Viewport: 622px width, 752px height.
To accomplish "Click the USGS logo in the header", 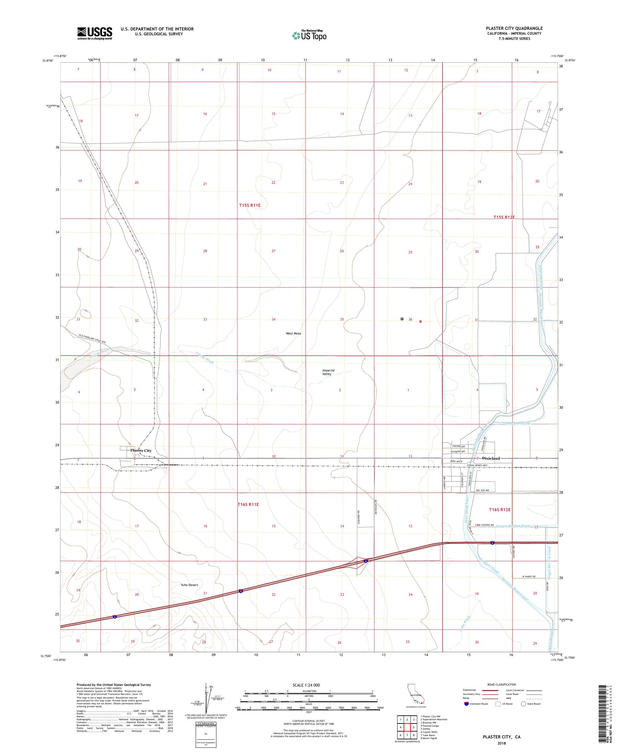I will (95, 33).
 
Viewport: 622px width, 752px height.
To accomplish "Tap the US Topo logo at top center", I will (310, 35).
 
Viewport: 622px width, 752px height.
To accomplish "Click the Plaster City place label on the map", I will (141, 450).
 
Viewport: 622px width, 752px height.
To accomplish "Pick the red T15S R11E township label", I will (249, 206).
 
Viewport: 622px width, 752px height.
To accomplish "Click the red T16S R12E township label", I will (499, 509).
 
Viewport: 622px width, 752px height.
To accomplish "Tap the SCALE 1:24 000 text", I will (309, 685).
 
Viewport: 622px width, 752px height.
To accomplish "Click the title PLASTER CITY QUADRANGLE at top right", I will (514, 28).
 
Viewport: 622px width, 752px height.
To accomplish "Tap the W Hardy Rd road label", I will (528, 577).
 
